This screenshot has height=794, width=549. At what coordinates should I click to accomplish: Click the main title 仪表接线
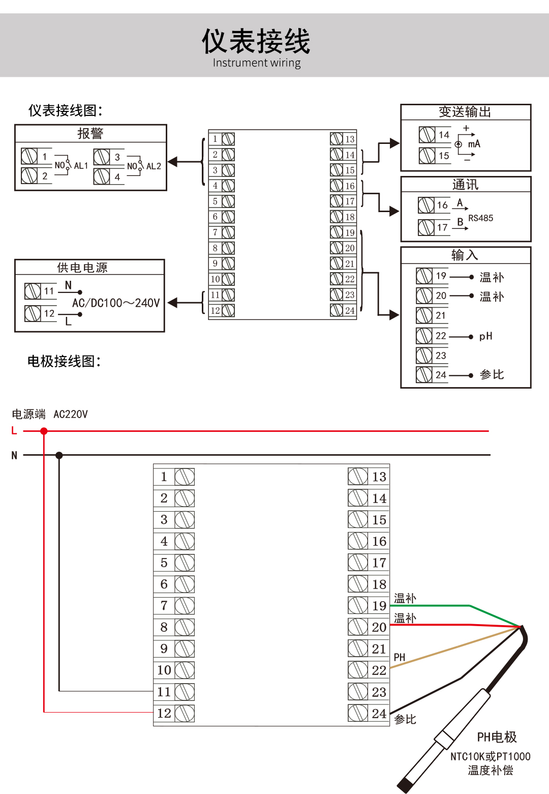(x=256, y=41)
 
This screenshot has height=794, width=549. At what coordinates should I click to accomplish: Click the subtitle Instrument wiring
(x=257, y=63)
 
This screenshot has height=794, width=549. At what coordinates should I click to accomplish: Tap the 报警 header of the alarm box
(x=90, y=133)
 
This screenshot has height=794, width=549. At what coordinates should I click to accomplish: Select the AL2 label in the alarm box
(x=154, y=166)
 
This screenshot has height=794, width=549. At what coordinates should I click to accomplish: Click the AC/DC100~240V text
(x=116, y=303)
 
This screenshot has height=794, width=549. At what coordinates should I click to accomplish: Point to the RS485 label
(x=480, y=218)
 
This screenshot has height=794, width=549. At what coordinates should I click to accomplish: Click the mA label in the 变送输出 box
(x=474, y=144)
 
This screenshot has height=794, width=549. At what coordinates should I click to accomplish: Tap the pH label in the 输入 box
(x=485, y=336)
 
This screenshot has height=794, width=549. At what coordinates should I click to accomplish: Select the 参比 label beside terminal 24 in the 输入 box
(x=492, y=375)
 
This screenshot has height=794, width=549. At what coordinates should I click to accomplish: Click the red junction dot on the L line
(x=44, y=431)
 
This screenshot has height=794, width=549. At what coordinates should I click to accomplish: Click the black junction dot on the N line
(x=59, y=455)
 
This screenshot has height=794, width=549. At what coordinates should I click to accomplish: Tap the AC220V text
(x=71, y=415)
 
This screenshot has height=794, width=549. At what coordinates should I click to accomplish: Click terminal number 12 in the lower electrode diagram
(x=164, y=714)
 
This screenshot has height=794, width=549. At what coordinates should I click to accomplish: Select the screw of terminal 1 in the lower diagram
(x=185, y=477)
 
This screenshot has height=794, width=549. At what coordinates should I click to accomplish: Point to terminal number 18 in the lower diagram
(x=379, y=584)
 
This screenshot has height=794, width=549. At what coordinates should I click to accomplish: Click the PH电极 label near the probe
(x=497, y=737)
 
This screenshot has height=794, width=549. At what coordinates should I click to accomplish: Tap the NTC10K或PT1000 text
(x=490, y=757)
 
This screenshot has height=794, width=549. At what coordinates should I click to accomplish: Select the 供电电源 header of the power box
(x=82, y=268)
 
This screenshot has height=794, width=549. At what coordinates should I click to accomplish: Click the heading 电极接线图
(x=64, y=362)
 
